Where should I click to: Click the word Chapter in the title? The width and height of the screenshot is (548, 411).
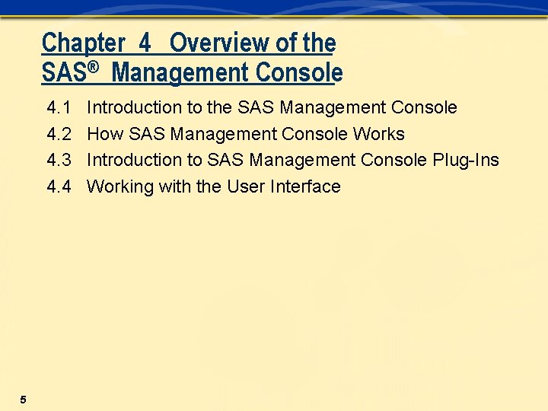click(83, 43)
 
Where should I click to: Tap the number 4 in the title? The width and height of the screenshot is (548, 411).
click(145, 43)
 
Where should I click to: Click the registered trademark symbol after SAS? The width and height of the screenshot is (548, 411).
click(93, 68)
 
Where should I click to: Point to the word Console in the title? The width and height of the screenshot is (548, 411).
click(299, 73)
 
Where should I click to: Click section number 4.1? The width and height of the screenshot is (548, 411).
click(59, 108)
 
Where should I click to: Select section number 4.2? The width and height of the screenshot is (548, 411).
click(59, 135)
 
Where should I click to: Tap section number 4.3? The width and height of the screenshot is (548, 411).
click(59, 161)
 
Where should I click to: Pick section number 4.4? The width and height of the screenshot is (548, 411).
click(59, 187)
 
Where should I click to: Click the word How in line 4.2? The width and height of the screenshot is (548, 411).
click(105, 135)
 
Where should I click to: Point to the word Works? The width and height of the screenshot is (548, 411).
click(379, 135)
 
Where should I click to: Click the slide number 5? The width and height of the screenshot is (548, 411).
click(24, 400)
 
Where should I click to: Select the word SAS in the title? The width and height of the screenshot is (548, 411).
click(64, 73)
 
